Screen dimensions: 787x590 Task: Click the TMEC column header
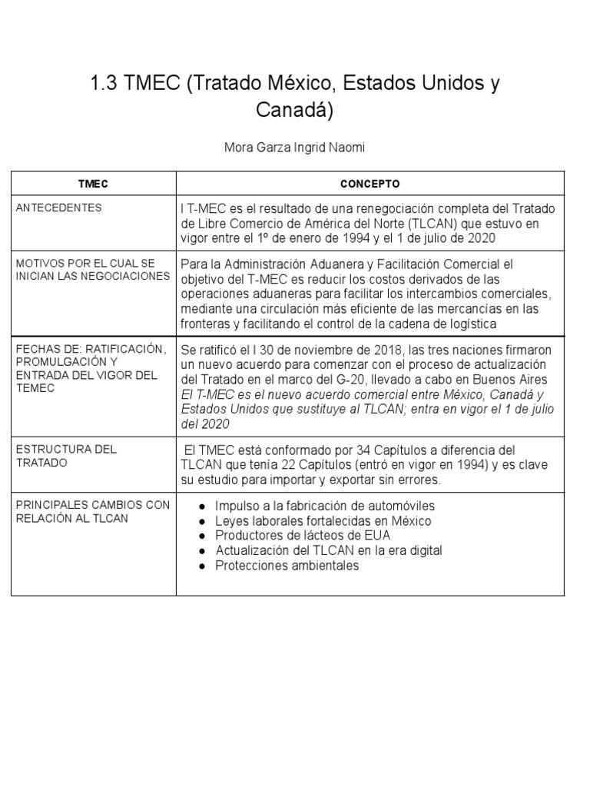(94, 184)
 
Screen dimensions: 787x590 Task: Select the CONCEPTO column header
(370, 184)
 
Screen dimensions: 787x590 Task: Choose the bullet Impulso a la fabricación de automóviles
(325, 506)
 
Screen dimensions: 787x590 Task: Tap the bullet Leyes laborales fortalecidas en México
(323, 521)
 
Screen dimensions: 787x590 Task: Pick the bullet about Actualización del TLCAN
(329, 550)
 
